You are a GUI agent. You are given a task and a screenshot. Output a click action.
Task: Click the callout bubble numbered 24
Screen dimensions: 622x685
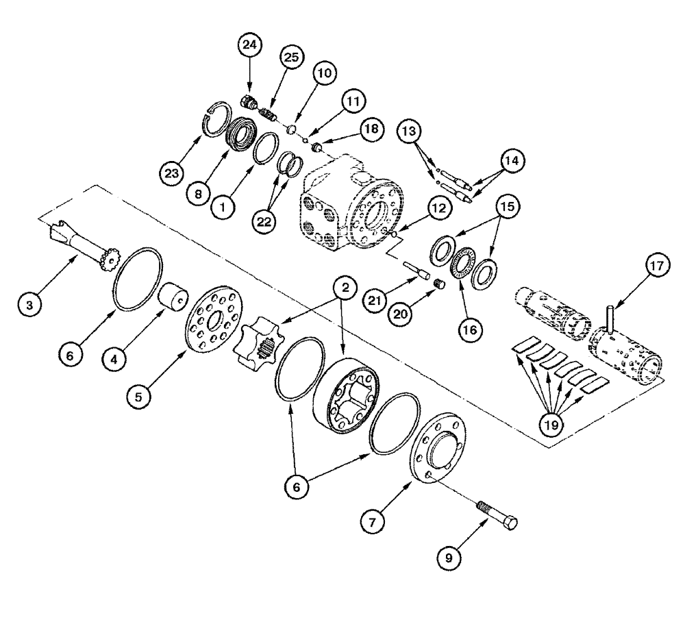pyautogui.click(x=249, y=47)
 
